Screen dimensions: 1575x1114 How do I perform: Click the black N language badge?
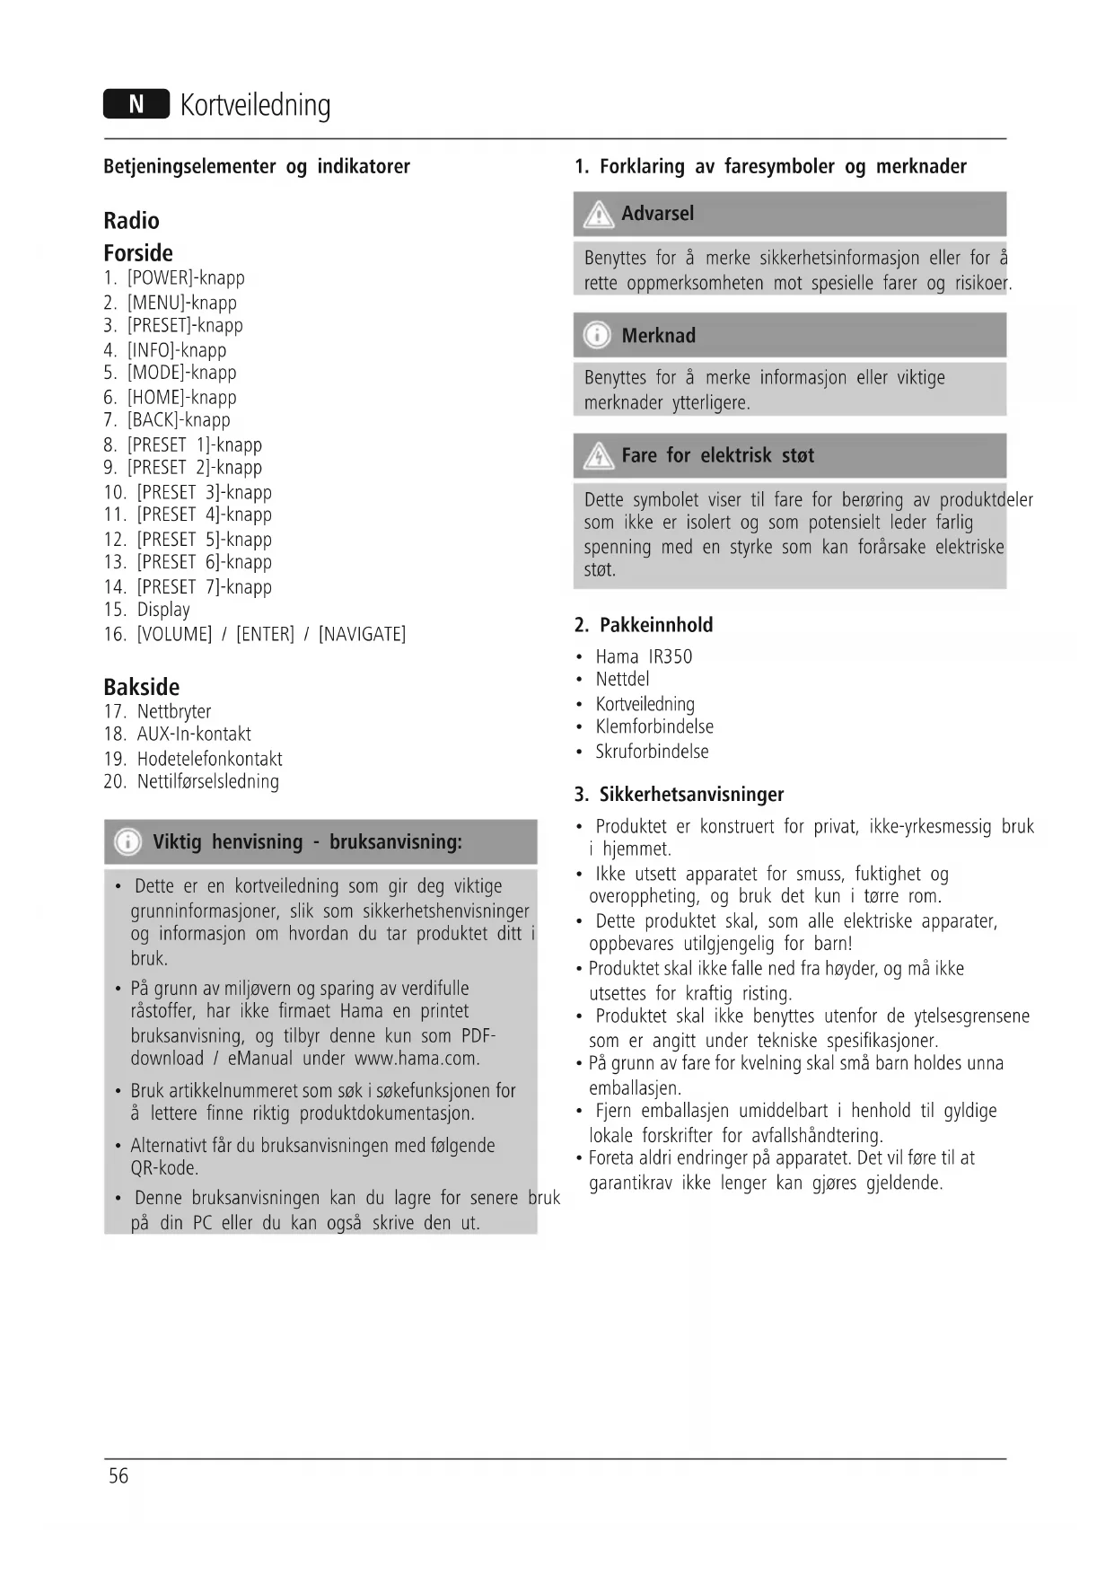[x=136, y=105]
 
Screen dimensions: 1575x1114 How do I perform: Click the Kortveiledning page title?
[x=255, y=105]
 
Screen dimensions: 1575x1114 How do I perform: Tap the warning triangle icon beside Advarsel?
[x=597, y=215]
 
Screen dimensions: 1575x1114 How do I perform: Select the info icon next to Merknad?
[x=597, y=336]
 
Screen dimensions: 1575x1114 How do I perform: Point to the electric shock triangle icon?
[x=597, y=456]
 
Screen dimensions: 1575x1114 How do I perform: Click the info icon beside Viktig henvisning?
[x=128, y=842]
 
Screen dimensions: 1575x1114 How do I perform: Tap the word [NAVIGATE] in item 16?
[x=362, y=635]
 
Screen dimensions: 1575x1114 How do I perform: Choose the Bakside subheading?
[x=141, y=687]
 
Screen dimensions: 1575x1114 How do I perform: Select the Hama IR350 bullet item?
[x=644, y=657]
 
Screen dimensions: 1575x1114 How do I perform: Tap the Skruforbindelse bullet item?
[x=652, y=752]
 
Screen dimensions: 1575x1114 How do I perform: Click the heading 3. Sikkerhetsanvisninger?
[x=679, y=795]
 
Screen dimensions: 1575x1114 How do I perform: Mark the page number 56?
[x=118, y=1476]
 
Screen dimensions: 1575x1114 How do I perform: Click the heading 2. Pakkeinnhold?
[x=644, y=625]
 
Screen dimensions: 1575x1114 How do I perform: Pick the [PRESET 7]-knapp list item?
[x=204, y=587]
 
